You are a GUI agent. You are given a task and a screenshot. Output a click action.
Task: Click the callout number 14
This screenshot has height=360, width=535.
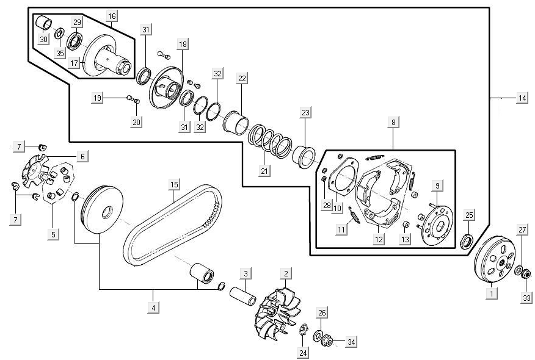pyautogui.click(x=522, y=98)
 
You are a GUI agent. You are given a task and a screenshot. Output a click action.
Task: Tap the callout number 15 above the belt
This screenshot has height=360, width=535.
pyautogui.click(x=174, y=184)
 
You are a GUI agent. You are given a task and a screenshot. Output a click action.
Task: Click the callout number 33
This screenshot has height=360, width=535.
pyautogui.click(x=526, y=298)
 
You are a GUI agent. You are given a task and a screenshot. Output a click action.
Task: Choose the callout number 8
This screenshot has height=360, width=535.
pyautogui.click(x=394, y=123)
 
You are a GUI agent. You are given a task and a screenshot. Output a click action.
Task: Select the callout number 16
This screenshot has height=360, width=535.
pyautogui.click(x=111, y=15)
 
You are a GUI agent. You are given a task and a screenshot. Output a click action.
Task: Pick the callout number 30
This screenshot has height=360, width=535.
pyautogui.click(x=43, y=40)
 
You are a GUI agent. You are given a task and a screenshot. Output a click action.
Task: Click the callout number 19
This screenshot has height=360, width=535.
pyautogui.click(x=97, y=98)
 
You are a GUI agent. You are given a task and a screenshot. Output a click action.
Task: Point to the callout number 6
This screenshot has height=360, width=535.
pyautogui.click(x=82, y=156)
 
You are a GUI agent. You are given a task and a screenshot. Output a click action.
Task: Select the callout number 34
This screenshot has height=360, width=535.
pyautogui.click(x=351, y=342)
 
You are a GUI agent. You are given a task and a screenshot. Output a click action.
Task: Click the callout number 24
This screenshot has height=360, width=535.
pyautogui.click(x=304, y=352)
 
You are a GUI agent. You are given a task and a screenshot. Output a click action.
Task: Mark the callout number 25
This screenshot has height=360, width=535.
pyautogui.click(x=469, y=215)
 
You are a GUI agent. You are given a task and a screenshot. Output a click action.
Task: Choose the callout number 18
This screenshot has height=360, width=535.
pyautogui.click(x=183, y=44)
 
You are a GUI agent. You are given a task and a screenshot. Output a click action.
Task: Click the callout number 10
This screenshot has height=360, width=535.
pyautogui.click(x=337, y=208)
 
